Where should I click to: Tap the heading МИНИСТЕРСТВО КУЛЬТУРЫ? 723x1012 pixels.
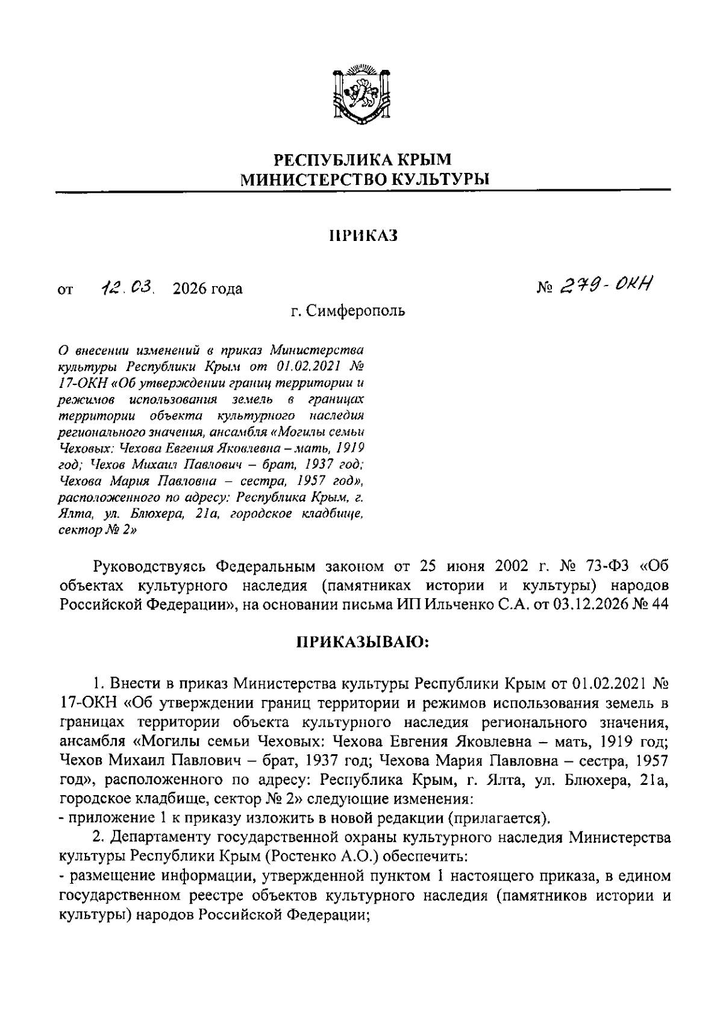(362, 179)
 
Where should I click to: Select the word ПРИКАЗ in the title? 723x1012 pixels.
(363, 236)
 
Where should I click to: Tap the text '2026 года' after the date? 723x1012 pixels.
(207, 289)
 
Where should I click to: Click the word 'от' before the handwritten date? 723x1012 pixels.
(64, 290)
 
